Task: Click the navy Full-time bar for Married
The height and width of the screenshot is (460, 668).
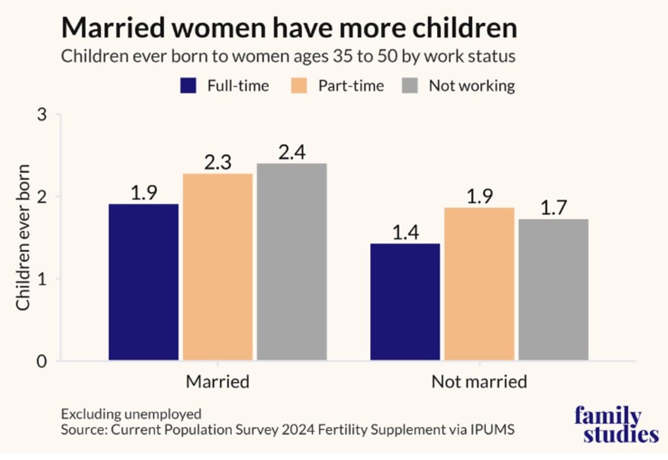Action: click(x=144, y=282)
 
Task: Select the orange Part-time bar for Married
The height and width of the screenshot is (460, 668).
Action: click(x=218, y=267)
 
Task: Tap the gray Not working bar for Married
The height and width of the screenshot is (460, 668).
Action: click(x=292, y=262)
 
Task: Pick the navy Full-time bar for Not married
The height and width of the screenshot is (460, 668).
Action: click(x=405, y=302)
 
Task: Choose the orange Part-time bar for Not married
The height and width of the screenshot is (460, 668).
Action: click(x=479, y=284)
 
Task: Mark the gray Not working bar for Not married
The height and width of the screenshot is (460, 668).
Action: click(x=553, y=290)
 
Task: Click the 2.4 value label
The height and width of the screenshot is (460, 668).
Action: click(x=292, y=152)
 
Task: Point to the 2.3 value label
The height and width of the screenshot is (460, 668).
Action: click(x=218, y=162)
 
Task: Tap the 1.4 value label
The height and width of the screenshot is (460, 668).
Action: click(x=406, y=233)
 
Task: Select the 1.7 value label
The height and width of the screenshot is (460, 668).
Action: click(x=554, y=208)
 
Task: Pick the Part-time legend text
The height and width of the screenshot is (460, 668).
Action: click(x=351, y=86)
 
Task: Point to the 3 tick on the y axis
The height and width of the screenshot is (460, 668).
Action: click(x=42, y=115)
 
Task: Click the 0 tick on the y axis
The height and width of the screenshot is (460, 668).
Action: click(x=42, y=362)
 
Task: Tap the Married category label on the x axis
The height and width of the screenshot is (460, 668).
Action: click(x=218, y=382)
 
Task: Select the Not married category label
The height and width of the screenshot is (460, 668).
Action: click(x=479, y=382)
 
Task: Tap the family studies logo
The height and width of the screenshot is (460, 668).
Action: click(x=616, y=425)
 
